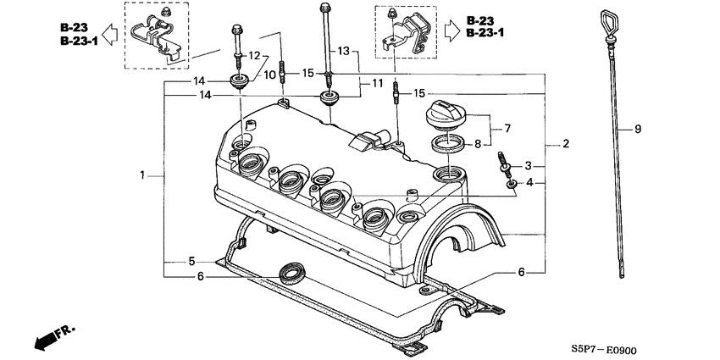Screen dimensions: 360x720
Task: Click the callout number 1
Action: (143, 175)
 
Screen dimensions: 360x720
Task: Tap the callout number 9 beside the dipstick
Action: (637, 129)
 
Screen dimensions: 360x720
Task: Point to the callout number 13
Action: (343, 52)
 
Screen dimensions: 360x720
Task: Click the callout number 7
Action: (507, 129)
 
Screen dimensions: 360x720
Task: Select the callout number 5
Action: (191, 260)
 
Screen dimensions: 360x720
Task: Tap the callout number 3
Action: (528, 165)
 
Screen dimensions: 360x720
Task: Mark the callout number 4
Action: (528, 182)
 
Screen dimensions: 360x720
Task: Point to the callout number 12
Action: (252, 55)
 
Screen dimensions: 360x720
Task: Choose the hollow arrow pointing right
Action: (451, 30)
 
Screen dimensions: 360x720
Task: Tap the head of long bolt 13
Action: (324, 8)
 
